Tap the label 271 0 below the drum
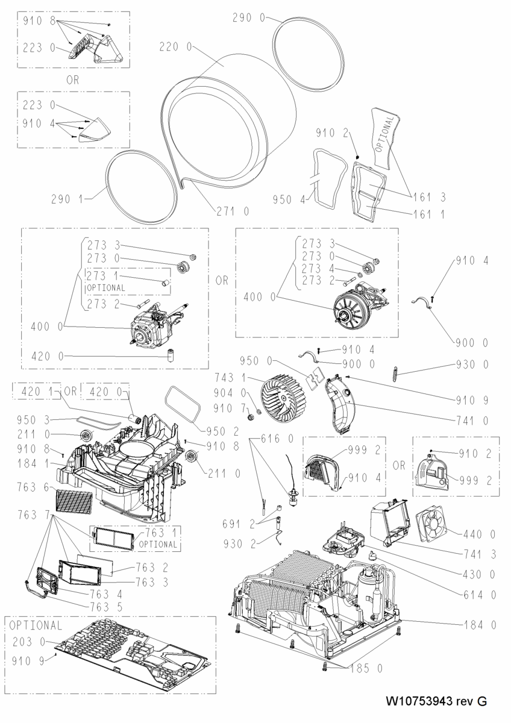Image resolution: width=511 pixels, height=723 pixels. (233, 211)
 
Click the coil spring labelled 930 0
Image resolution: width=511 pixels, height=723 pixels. (396, 374)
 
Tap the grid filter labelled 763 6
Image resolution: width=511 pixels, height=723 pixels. (74, 501)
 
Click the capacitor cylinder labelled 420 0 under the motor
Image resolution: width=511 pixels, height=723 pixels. (170, 355)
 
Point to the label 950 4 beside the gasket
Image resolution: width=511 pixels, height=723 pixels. (289, 200)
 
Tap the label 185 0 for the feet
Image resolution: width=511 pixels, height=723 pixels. (366, 668)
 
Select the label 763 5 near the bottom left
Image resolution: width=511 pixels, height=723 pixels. (107, 607)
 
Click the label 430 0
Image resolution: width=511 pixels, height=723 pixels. (479, 574)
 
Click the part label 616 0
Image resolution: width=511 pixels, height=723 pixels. (278, 439)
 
